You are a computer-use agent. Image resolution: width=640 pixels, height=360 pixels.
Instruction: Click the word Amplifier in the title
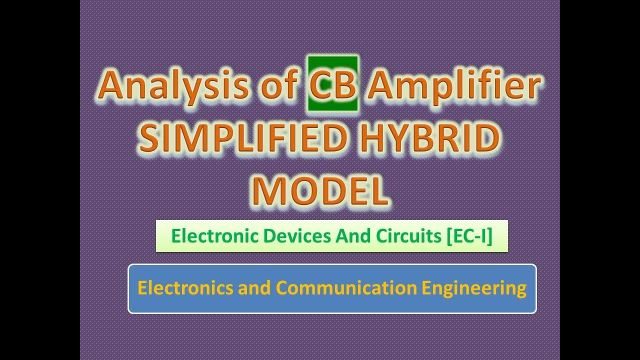[454, 85]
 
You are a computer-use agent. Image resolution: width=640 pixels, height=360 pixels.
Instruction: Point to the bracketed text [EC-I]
[468, 236]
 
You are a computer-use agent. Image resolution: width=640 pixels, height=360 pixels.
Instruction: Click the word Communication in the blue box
[346, 288]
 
